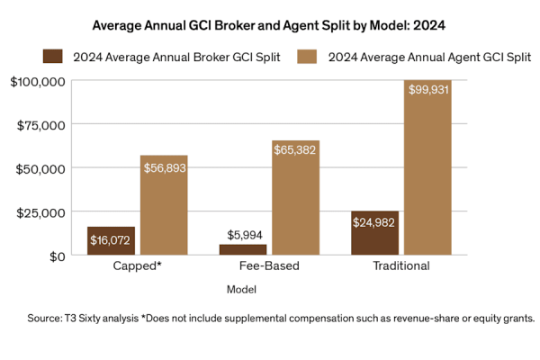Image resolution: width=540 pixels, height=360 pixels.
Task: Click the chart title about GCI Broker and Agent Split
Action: click(x=270, y=25)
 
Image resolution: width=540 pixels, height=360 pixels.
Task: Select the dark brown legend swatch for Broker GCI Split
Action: click(x=55, y=57)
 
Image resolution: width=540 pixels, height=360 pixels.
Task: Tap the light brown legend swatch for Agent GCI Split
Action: click(x=305, y=57)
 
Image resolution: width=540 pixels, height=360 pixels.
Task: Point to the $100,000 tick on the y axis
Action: click(x=38, y=81)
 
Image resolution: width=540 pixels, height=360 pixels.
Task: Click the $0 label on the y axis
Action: click(x=53, y=256)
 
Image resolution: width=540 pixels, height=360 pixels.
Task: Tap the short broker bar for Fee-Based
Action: click(x=243, y=250)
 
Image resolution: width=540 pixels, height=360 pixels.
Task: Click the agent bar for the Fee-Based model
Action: click(x=295, y=198)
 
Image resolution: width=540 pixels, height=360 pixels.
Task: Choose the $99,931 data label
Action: click(x=427, y=90)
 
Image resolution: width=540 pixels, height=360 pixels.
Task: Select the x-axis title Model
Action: click(x=241, y=289)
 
